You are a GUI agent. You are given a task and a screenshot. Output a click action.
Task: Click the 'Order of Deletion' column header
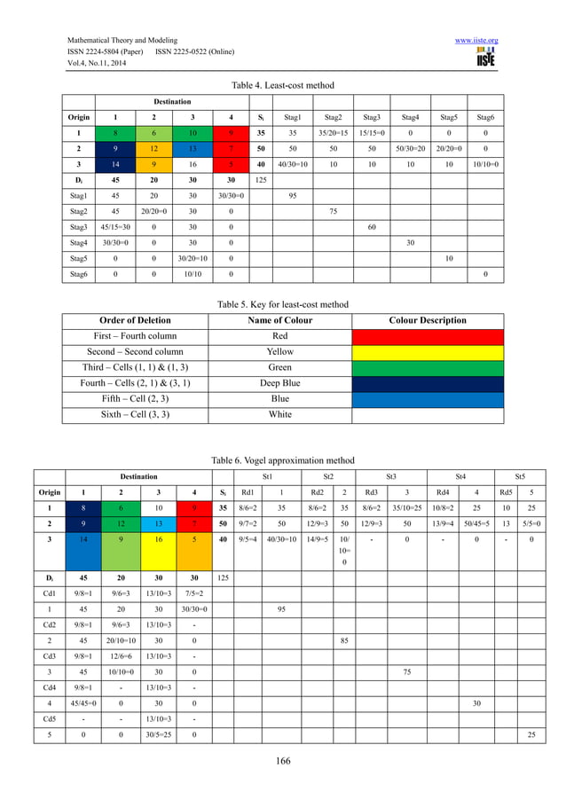click(x=132, y=320)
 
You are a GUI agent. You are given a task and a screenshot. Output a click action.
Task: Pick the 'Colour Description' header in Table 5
click(x=428, y=320)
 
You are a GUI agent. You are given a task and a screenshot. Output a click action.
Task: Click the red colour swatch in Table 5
click(x=428, y=336)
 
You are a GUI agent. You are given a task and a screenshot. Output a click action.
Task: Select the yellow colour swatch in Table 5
click(x=428, y=352)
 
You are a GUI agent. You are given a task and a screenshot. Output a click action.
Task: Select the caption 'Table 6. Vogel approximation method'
click(x=283, y=460)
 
